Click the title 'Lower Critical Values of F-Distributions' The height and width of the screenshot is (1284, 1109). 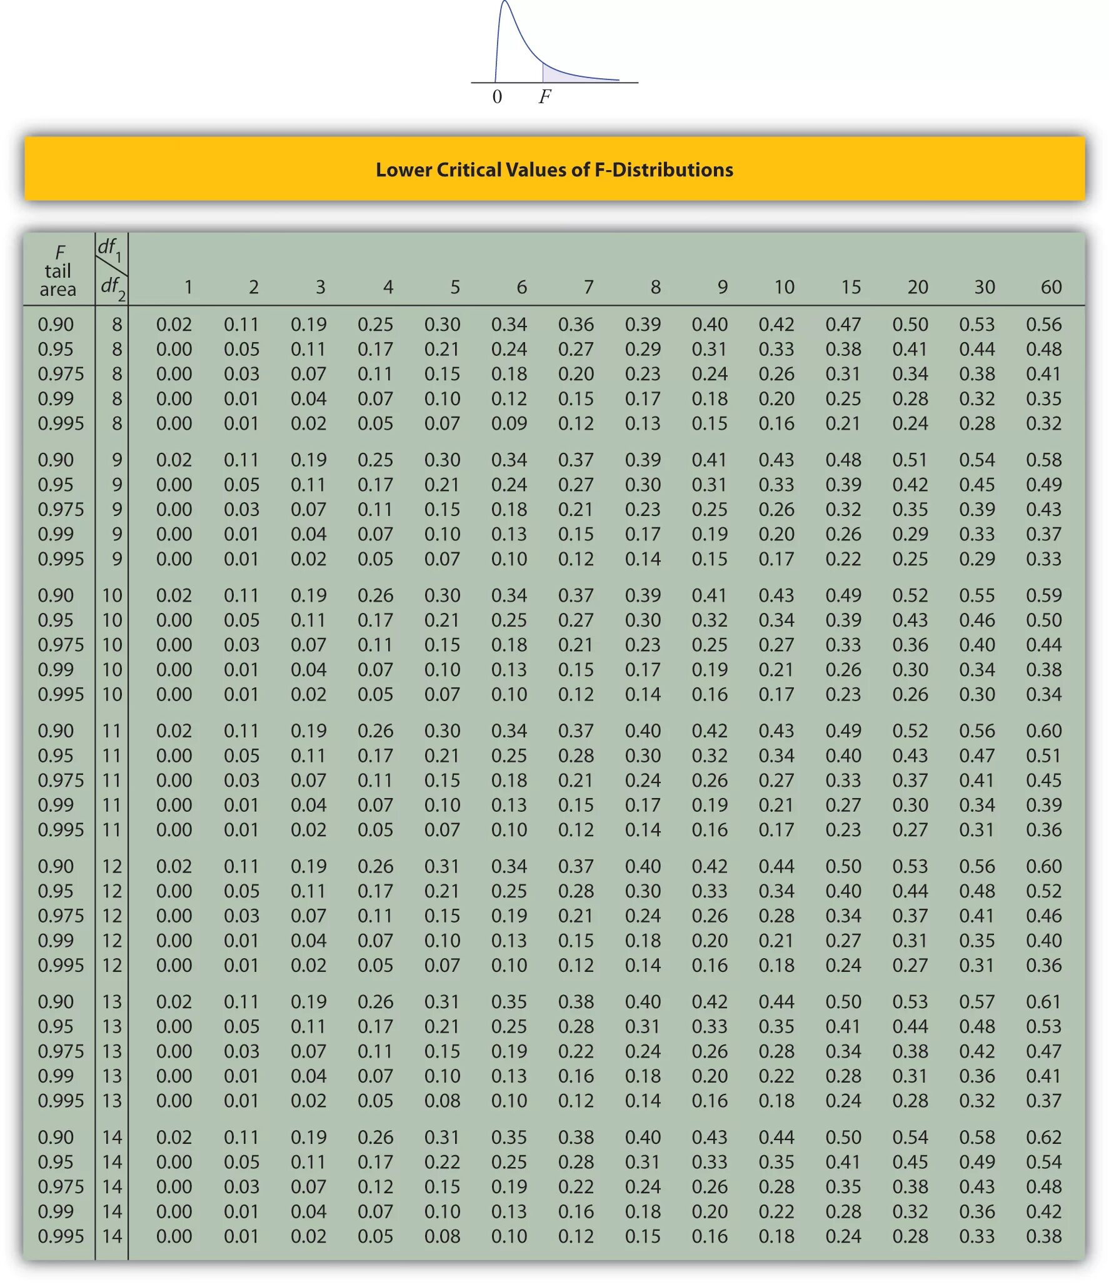coord(554,169)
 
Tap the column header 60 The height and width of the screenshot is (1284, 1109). coord(1051,287)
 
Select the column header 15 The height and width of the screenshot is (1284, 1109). coord(851,287)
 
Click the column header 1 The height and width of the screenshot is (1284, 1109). coord(188,287)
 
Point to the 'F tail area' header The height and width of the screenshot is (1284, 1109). coord(58,271)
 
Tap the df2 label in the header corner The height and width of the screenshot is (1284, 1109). coord(113,287)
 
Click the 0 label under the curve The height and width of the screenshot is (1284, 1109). coord(497,97)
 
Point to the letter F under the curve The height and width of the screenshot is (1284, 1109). coord(545,96)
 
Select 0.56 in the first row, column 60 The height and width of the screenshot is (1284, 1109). coord(1043,325)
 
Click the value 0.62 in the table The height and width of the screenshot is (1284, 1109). coord(1043,1137)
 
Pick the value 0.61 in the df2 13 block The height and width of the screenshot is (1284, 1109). coord(1043,1002)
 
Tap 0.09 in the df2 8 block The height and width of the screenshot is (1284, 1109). coord(509,423)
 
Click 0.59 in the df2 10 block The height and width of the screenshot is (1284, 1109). coord(1043,595)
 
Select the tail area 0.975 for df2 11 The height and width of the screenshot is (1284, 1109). coord(61,781)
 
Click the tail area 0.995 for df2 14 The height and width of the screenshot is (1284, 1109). coord(61,1236)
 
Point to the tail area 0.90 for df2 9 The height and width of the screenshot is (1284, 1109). coord(56,460)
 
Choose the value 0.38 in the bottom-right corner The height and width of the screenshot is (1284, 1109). coord(1043,1236)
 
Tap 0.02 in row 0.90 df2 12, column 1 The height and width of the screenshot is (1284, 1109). coord(174,866)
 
